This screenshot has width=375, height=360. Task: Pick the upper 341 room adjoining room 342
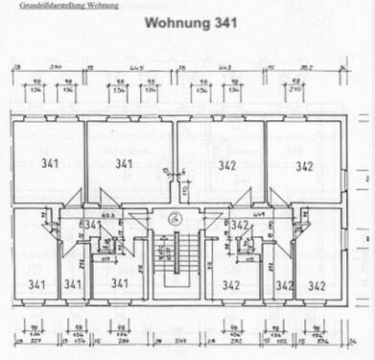coord(125,164)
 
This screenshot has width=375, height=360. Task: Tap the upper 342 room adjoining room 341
coord(227,164)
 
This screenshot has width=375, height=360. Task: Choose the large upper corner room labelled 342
coord(305,164)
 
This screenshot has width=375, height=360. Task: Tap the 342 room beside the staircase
coord(231,283)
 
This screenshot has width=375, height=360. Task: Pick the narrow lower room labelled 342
coord(285,284)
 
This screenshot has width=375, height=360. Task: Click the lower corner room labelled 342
coord(317,284)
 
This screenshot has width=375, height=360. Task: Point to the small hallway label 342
coord(240,226)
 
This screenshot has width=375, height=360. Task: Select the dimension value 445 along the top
coord(135,69)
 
